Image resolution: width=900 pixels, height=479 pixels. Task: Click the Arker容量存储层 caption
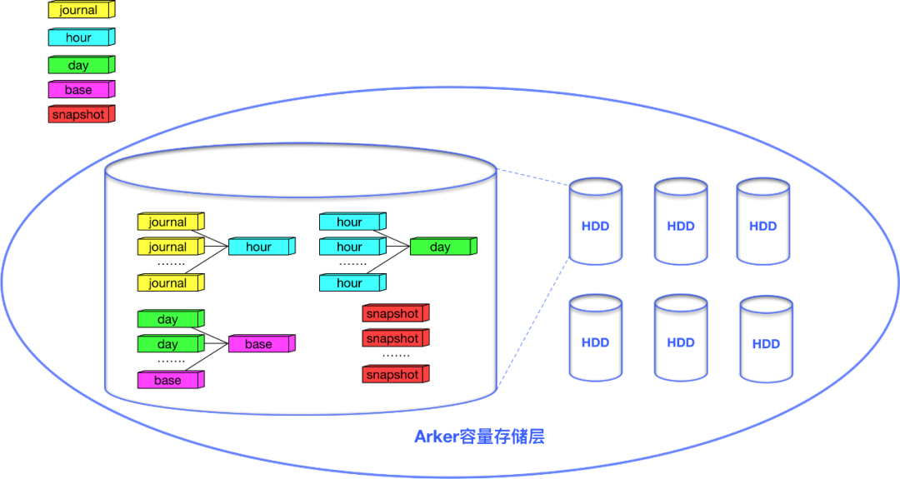479,437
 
